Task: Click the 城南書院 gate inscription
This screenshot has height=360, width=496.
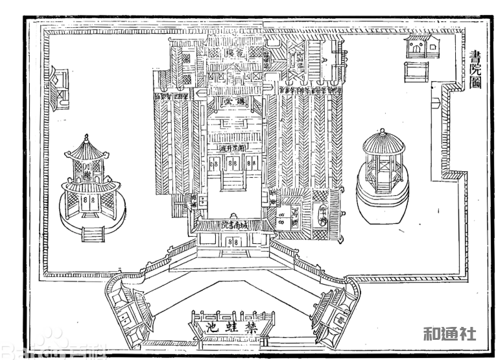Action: click(x=232, y=226)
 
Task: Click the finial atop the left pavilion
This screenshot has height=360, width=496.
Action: click(x=86, y=138)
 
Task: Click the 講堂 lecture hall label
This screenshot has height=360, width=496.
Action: click(x=233, y=102)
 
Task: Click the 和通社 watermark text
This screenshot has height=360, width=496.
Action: click(x=449, y=334)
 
